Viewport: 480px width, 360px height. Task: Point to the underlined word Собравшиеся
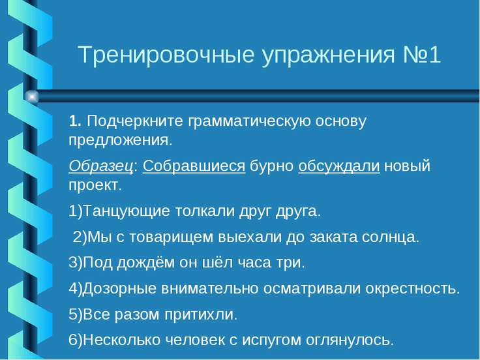tap(194, 166)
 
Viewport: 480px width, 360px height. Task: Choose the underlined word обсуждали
tap(338, 166)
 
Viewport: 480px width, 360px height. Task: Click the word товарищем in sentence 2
tap(157, 237)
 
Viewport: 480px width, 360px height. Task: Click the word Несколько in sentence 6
tap(112, 339)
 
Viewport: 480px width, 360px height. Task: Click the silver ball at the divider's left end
tap(31, 97)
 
